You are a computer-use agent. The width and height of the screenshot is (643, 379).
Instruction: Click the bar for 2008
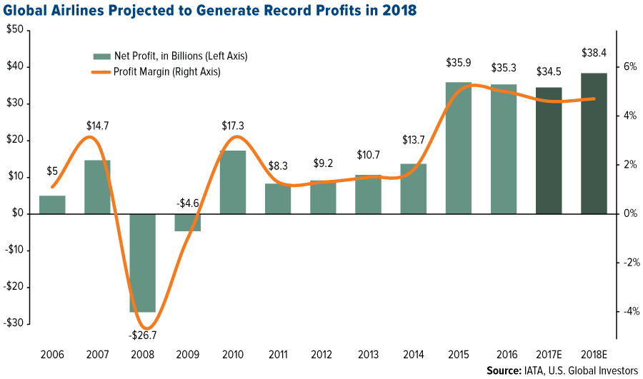pyautogui.click(x=142, y=263)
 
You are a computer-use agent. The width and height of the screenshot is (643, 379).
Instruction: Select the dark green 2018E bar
pyautogui.click(x=594, y=143)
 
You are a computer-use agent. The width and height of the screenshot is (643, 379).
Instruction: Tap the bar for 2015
pyautogui.click(x=459, y=148)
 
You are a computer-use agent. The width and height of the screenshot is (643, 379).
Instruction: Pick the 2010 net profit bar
pyautogui.click(x=233, y=182)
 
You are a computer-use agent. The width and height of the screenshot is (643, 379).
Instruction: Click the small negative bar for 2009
pyautogui.click(x=188, y=222)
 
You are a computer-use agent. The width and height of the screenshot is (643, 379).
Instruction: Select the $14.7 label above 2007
pyautogui.click(x=98, y=126)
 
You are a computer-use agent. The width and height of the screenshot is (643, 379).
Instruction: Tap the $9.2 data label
pyautogui.click(x=324, y=166)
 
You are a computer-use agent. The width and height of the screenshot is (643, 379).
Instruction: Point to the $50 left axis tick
pyautogui.click(x=14, y=30)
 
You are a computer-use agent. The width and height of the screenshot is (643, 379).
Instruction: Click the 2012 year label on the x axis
pyautogui.click(x=323, y=355)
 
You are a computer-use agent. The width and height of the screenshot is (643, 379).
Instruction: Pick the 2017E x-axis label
pyautogui.click(x=549, y=355)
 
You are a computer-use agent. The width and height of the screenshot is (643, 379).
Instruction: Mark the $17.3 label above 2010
pyautogui.click(x=233, y=127)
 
